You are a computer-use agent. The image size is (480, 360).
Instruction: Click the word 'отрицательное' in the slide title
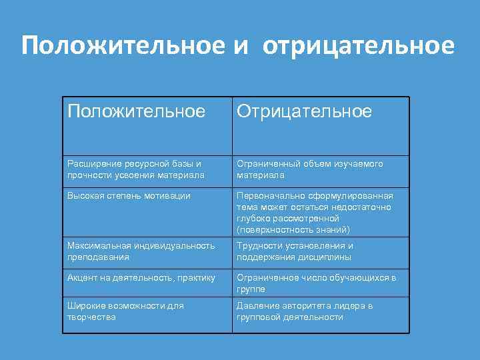point(359,45)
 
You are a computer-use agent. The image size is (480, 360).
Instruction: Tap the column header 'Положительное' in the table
point(136,111)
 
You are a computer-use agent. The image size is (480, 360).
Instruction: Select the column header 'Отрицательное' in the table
point(305,111)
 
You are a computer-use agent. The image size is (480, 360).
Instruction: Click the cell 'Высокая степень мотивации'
point(129,195)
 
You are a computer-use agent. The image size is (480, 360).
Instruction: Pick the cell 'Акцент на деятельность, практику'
point(141,277)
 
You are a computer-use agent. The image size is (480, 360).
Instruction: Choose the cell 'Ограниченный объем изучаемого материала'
point(310,169)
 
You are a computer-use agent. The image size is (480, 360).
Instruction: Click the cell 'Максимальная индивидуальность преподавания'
point(141,251)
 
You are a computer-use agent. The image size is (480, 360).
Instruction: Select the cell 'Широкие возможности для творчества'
point(125,311)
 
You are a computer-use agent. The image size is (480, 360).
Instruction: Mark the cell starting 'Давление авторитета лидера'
point(305,311)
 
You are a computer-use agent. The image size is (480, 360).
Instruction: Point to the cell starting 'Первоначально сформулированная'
point(315,212)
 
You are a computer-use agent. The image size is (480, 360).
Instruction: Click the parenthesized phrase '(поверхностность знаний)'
point(293,229)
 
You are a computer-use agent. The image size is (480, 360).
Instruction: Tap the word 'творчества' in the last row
point(91,317)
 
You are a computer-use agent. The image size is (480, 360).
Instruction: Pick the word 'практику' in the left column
point(196,277)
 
